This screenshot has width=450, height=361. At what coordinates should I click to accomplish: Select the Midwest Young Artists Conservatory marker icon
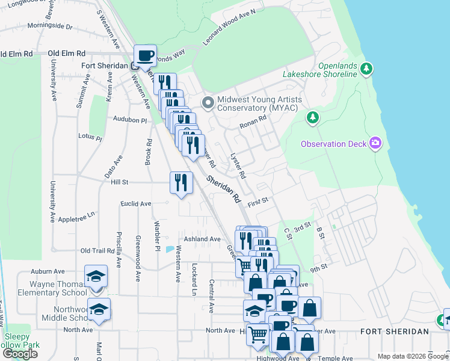click(208, 103)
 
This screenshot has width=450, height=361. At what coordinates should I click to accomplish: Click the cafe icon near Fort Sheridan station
click(146, 57)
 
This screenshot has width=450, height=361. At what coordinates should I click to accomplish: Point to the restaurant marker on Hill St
click(181, 182)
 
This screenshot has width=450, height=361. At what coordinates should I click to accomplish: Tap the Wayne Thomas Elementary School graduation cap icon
click(96, 276)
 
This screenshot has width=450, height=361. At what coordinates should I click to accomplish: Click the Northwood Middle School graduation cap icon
click(99, 309)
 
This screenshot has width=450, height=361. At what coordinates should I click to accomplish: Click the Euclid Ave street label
click(135, 204)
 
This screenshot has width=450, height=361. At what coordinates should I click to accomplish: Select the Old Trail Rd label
click(97, 250)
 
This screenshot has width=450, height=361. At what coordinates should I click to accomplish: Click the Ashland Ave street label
click(202, 239)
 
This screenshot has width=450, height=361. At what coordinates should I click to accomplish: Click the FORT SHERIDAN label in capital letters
click(395, 332)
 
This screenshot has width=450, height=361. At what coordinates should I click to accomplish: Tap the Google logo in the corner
click(20, 354)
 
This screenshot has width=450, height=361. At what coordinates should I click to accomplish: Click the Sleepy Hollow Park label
click(21, 341)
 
